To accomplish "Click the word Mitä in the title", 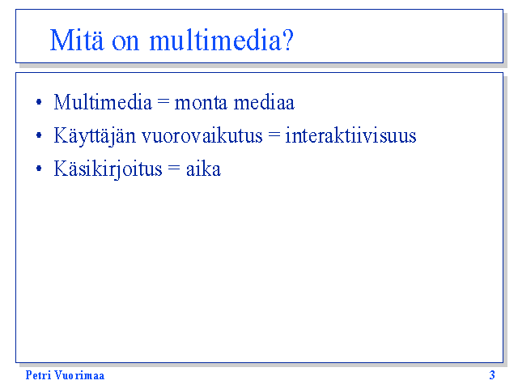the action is pyautogui.click(x=77, y=40).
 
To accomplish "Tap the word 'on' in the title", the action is pyautogui.click(x=125, y=42).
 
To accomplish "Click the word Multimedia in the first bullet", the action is pyautogui.click(x=103, y=102).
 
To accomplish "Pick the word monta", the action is pyautogui.click(x=201, y=103).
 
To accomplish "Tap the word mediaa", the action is pyautogui.click(x=264, y=102).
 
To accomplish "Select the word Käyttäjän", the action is pyautogui.click(x=95, y=136).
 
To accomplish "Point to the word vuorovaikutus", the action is pyautogui.click(x=202, y=135).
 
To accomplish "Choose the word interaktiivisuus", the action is pyautogui.click(x=350, y=135).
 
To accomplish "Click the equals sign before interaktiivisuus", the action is pyautogui.click(x=274, y=135).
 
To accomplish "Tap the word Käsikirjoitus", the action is pyautogui.click(x=108, y=169).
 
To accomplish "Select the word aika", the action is pyautogui.click(x=203, y=169).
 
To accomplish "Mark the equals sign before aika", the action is pyautogui.click(x=174, y=168).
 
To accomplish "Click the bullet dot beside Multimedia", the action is pyautogui.click(x=39, y=101).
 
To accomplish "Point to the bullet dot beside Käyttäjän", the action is pyautogui.click(x=39, y=135).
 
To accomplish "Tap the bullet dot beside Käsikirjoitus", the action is pyautogui.click(x=39, y=168).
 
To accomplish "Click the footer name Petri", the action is pyautogui.click(x=38, y=375).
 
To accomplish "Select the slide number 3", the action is pyautogui.click(x=492, y=375).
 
